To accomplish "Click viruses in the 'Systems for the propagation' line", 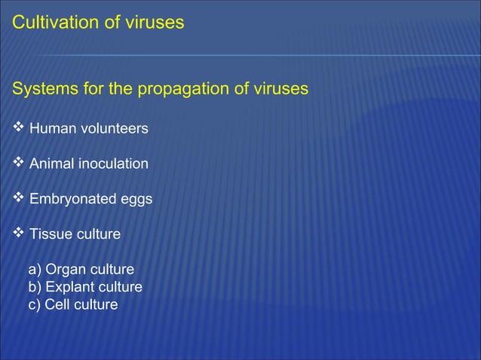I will tap(278, 89).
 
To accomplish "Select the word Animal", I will tap(52, 164).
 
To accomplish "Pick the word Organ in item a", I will tap(66, 270).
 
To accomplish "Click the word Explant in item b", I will tap(69, 287).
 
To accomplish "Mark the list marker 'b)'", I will tap(35, 287).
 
